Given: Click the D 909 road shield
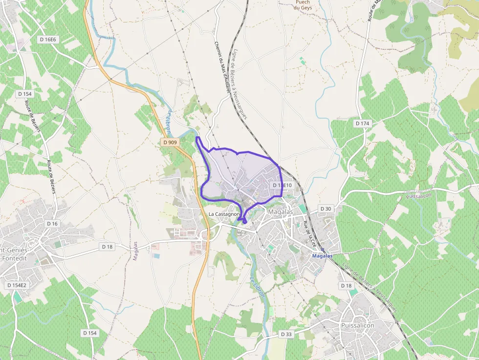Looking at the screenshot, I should (170, 142).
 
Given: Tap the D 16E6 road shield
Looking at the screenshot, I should (48, 39).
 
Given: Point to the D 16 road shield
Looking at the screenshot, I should (52, 223).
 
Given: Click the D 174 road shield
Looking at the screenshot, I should (362, 124).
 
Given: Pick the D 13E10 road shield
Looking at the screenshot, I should (282, 185).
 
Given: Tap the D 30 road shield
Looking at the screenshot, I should (326, 209).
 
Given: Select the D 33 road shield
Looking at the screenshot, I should (286, 334).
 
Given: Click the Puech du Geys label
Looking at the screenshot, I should (303, 4).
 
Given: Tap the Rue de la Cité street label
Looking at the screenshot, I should (310, 233).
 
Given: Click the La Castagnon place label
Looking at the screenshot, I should (224, 214).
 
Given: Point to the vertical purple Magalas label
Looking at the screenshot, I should (135, 251).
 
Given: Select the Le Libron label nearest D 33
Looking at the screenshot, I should (257, 287).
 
